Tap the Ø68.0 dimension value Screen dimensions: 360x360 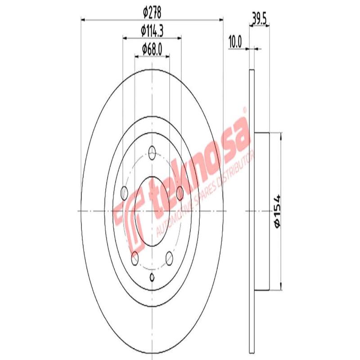tap(152, 48)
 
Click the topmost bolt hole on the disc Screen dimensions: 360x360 tap(153, 152)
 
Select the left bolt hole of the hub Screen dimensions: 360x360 tap(125, 191)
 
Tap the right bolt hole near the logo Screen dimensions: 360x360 tap(180, 193)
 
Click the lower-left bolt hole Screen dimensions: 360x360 tap(135, 258)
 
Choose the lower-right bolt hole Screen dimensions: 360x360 tap(170, 258)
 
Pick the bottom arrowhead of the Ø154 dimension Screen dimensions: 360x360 tap(281, 288)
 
